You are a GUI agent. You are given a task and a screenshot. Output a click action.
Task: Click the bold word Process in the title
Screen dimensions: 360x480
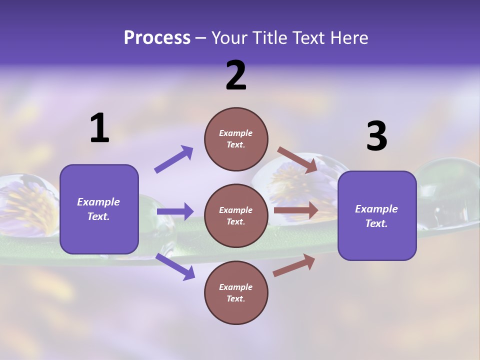tap(157, 38)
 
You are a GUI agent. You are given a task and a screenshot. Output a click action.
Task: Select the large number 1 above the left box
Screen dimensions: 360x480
tap(99, 128)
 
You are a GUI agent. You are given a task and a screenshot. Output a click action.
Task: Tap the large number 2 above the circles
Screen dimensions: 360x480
tap(236, 75)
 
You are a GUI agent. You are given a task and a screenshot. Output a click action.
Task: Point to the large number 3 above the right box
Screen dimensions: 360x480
tap(376, 136)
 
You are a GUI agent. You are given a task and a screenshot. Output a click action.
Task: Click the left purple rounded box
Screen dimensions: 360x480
tap(99, 209)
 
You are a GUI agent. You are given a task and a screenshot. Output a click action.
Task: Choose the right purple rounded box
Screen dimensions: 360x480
tap(377, 215)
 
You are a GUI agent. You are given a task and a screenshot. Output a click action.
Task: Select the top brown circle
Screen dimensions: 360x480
tap(236, 139)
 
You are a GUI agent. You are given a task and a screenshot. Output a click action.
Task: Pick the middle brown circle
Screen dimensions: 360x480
tap(236, 215)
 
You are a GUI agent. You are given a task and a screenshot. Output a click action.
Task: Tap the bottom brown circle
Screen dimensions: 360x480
tap(236, 292)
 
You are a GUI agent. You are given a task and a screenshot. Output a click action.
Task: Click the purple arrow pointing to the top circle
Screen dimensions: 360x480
tap(173, 159)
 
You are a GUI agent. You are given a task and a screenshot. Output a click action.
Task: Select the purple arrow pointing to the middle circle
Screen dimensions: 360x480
tap(175, 211)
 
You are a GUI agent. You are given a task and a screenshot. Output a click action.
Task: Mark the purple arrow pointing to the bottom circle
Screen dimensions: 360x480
tap(175, 266)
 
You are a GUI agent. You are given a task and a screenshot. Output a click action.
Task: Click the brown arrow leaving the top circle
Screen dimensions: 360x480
tap(297, 159)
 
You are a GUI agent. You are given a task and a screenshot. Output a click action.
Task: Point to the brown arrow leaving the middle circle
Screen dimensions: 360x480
tap(296, 210)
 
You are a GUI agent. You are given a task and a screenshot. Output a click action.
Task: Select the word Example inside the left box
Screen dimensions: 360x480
tap(98, 202)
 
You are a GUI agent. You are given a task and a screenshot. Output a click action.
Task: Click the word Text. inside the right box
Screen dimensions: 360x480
tap(376, 223)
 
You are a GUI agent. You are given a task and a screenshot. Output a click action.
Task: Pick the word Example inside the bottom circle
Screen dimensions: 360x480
tap(236, 287)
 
